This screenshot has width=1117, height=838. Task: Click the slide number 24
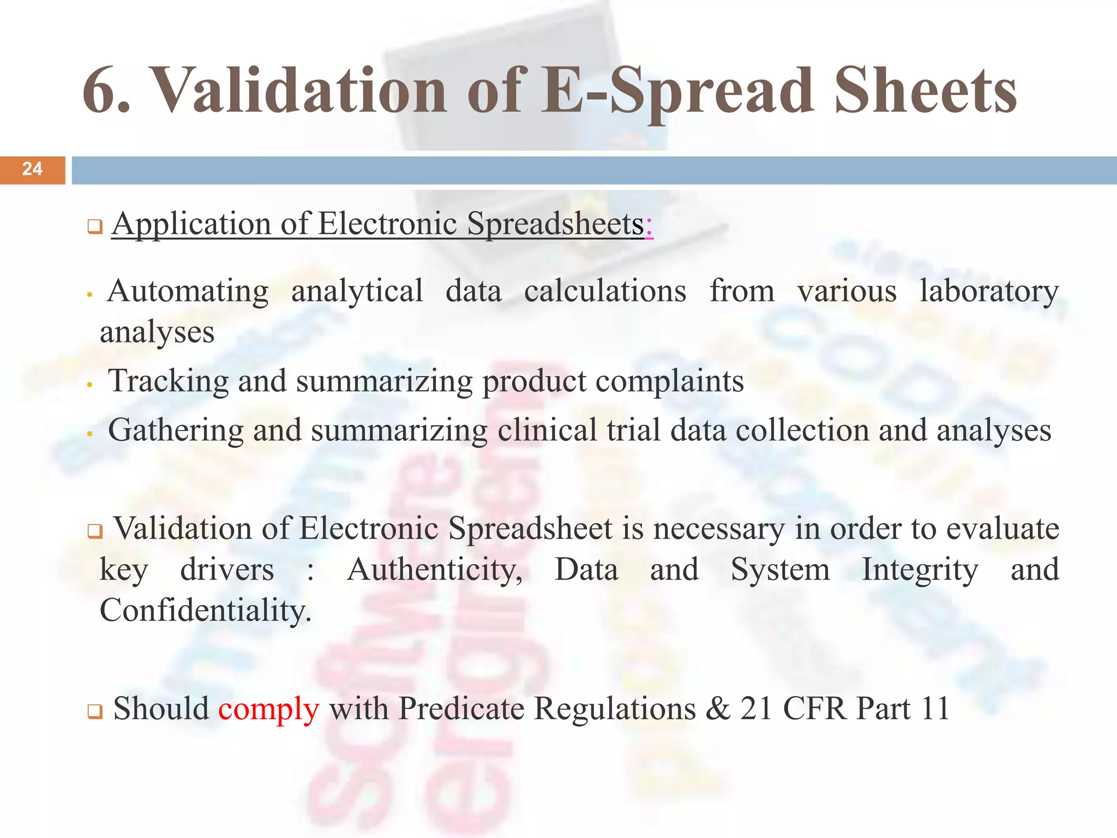32,169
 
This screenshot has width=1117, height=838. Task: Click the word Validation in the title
298,90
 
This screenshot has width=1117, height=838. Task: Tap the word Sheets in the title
925,90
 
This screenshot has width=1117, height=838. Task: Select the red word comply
268,709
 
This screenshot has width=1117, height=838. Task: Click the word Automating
188,291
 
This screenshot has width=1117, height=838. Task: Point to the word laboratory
989,291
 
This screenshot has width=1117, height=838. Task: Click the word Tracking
169,381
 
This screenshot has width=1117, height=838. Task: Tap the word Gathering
176,430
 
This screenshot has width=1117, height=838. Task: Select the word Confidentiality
205,610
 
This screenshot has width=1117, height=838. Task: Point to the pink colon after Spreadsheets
648,225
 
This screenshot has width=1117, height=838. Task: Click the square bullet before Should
95,711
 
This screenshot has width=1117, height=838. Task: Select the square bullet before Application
95,227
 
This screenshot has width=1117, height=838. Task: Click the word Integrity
920,570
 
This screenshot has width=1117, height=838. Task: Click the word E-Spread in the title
677,90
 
